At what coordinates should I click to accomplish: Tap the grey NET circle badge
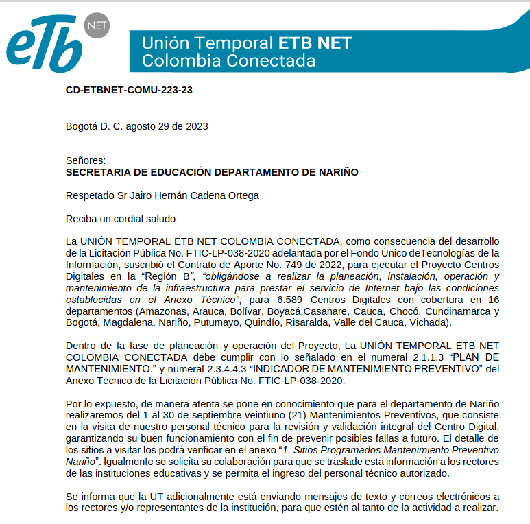tap(95, 26)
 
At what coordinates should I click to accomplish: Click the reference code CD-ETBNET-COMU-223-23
tap(129, 90)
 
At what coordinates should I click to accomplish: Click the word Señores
tap(86, 160)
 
